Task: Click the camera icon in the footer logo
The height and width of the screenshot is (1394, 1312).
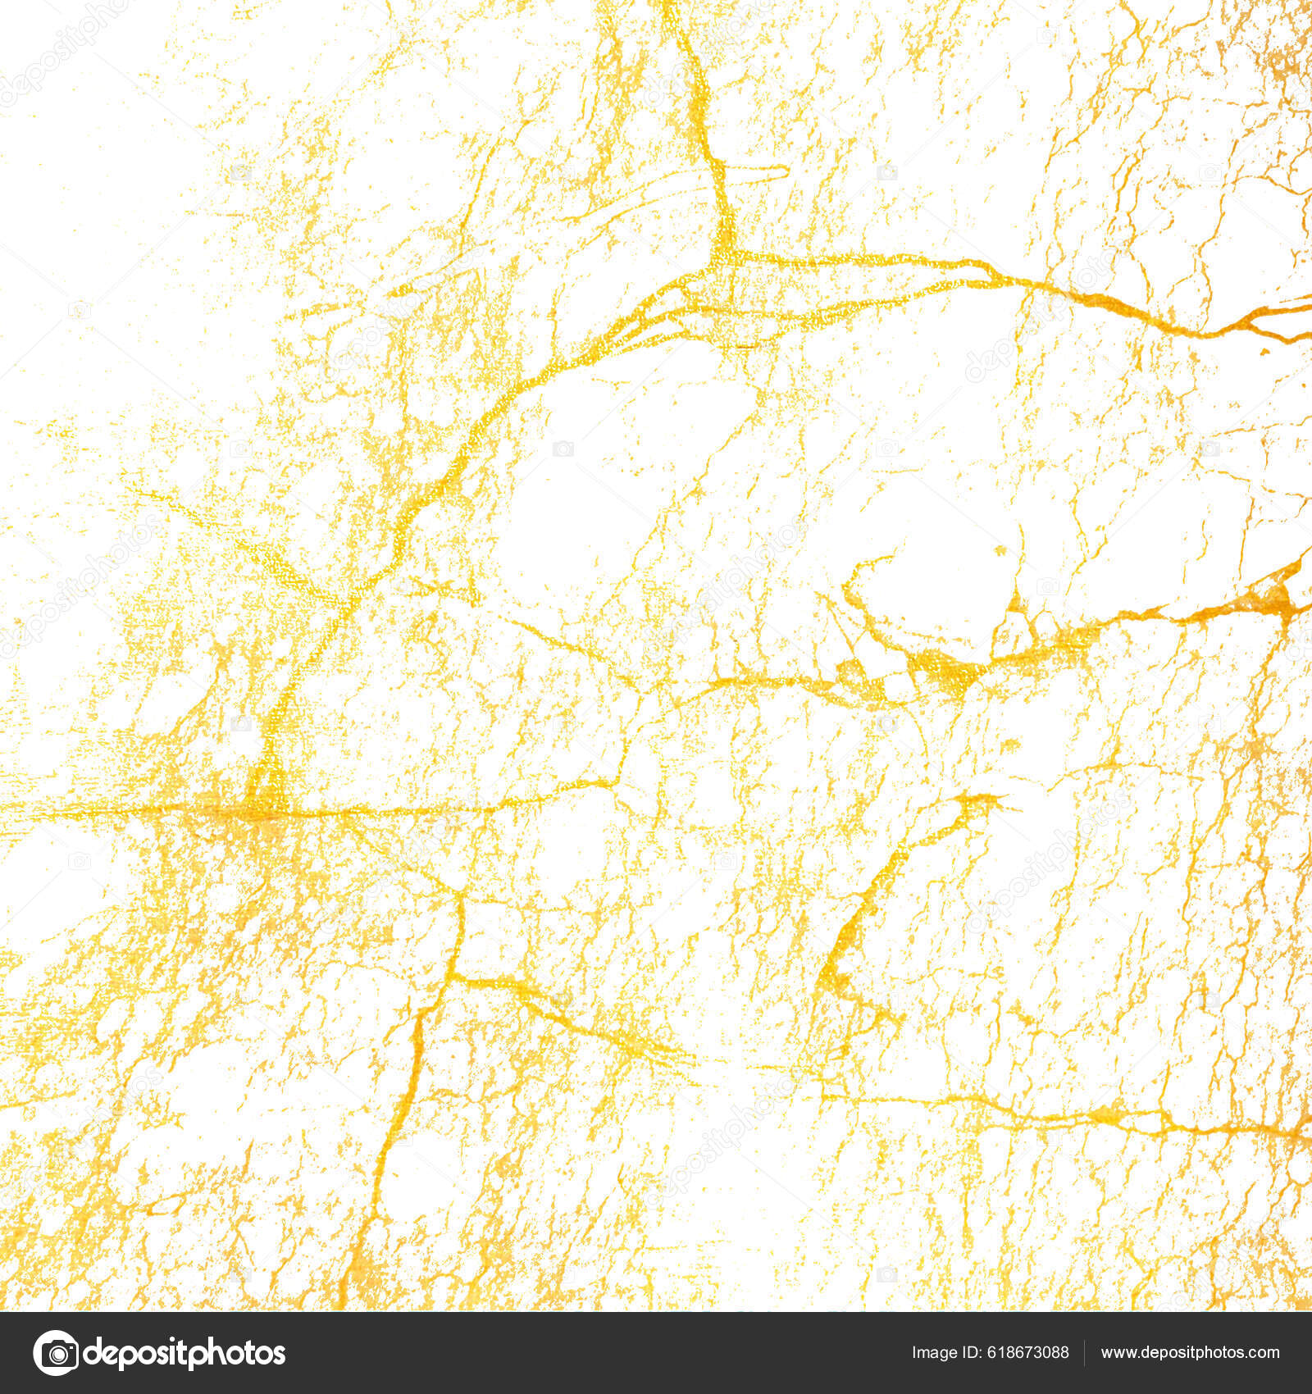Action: tap(56, 1353)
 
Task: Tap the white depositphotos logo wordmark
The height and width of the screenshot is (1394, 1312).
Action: tap(184, 1354)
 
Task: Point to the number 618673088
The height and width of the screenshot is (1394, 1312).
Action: tap(1030, 1353)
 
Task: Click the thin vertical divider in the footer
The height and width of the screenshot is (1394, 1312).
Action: tap(1084, 1353)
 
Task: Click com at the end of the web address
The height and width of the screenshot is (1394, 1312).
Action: tap(1263, 1353)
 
